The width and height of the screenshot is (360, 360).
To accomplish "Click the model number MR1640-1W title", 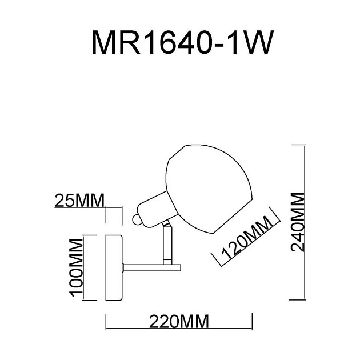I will [180, 42].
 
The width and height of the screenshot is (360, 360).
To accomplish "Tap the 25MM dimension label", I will [79, 201].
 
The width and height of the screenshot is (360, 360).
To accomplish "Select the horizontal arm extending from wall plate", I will [151, 266].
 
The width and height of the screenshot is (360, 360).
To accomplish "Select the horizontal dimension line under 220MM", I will [179, 329].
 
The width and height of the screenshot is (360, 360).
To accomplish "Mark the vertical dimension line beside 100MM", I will [83, 267].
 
